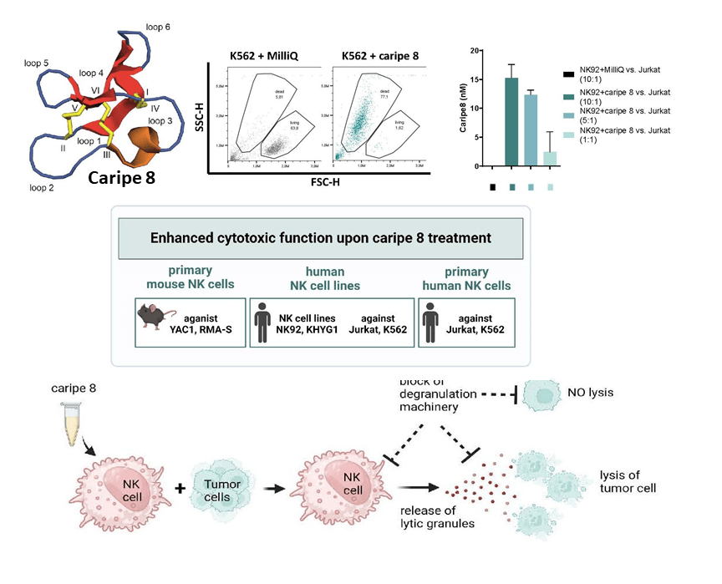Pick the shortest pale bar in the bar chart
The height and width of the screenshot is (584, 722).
549,159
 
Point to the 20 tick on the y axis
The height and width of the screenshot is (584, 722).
475,52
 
